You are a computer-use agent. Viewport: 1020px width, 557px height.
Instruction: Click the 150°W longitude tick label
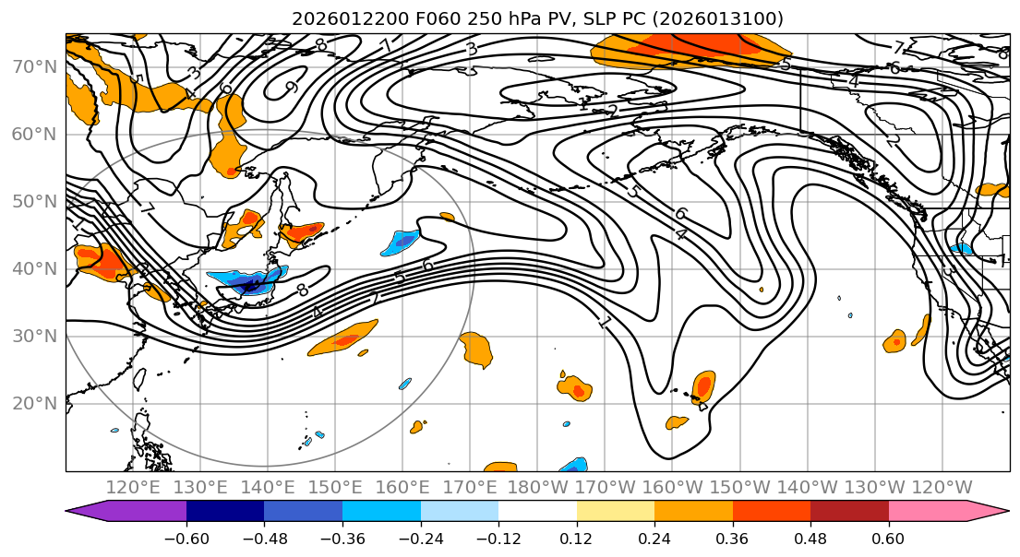pyautogui.click(x=739, y=487)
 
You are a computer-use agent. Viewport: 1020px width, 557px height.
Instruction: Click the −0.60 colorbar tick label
pyautogui.click(x=186, y=536)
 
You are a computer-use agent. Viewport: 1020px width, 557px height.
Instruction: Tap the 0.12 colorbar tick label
pyautogui.click(x=577, y=536)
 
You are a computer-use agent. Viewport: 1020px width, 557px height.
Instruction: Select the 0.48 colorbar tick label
pyautogui.click(x=810, y=536)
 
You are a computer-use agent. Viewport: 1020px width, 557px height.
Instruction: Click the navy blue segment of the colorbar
pyautogui.click(x=225, y=511)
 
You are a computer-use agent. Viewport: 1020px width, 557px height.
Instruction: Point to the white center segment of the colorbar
pyautogui.click(x=537, y=511)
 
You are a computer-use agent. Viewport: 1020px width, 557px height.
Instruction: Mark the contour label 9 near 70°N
pyautogui.click(x=291, y=89)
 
